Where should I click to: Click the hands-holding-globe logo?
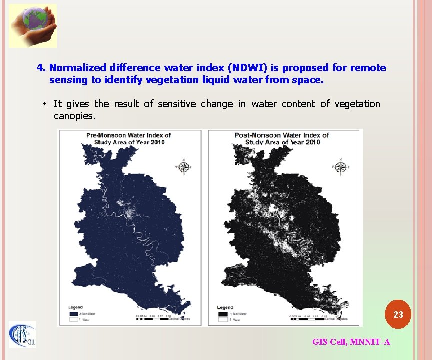(x=33, y=25)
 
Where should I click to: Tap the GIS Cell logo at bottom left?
(x=23, y=334)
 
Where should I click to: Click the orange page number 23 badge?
(x=398, y=315)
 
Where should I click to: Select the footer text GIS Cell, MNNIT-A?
(x=351, y=342)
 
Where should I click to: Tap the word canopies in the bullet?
(x=74, y=116)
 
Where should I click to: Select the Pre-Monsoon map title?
(x=129, y=138)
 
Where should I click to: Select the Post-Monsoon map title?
(x=282, y=138)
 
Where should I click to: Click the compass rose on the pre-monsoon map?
(x=184, y=167)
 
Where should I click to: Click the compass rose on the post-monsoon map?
(x=341, y=167)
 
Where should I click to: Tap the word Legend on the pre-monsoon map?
(x=75, y=307)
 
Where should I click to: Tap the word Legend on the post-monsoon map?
(x=225, y=307)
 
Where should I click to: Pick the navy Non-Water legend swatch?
(x=74, y=313)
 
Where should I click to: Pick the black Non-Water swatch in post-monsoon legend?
(x=223, y=314)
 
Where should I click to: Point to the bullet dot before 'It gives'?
(x=45, y=104)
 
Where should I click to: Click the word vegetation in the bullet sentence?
(x=357, y=104)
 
